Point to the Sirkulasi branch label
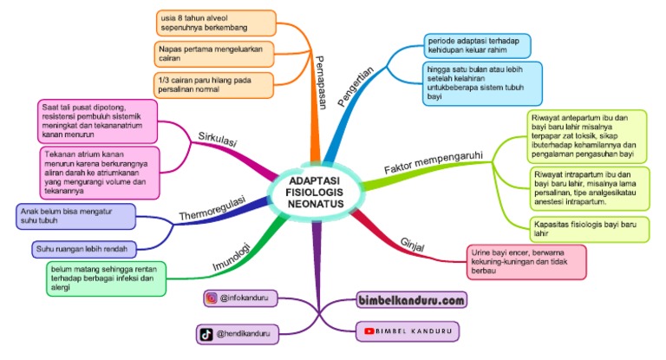click(218, 141)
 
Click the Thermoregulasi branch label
click(212, 207)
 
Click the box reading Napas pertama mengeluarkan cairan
click(214, 54)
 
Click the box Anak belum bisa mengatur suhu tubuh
click(76, 216)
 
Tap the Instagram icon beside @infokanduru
click(211, 298)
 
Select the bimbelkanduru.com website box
click(411, 301)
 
